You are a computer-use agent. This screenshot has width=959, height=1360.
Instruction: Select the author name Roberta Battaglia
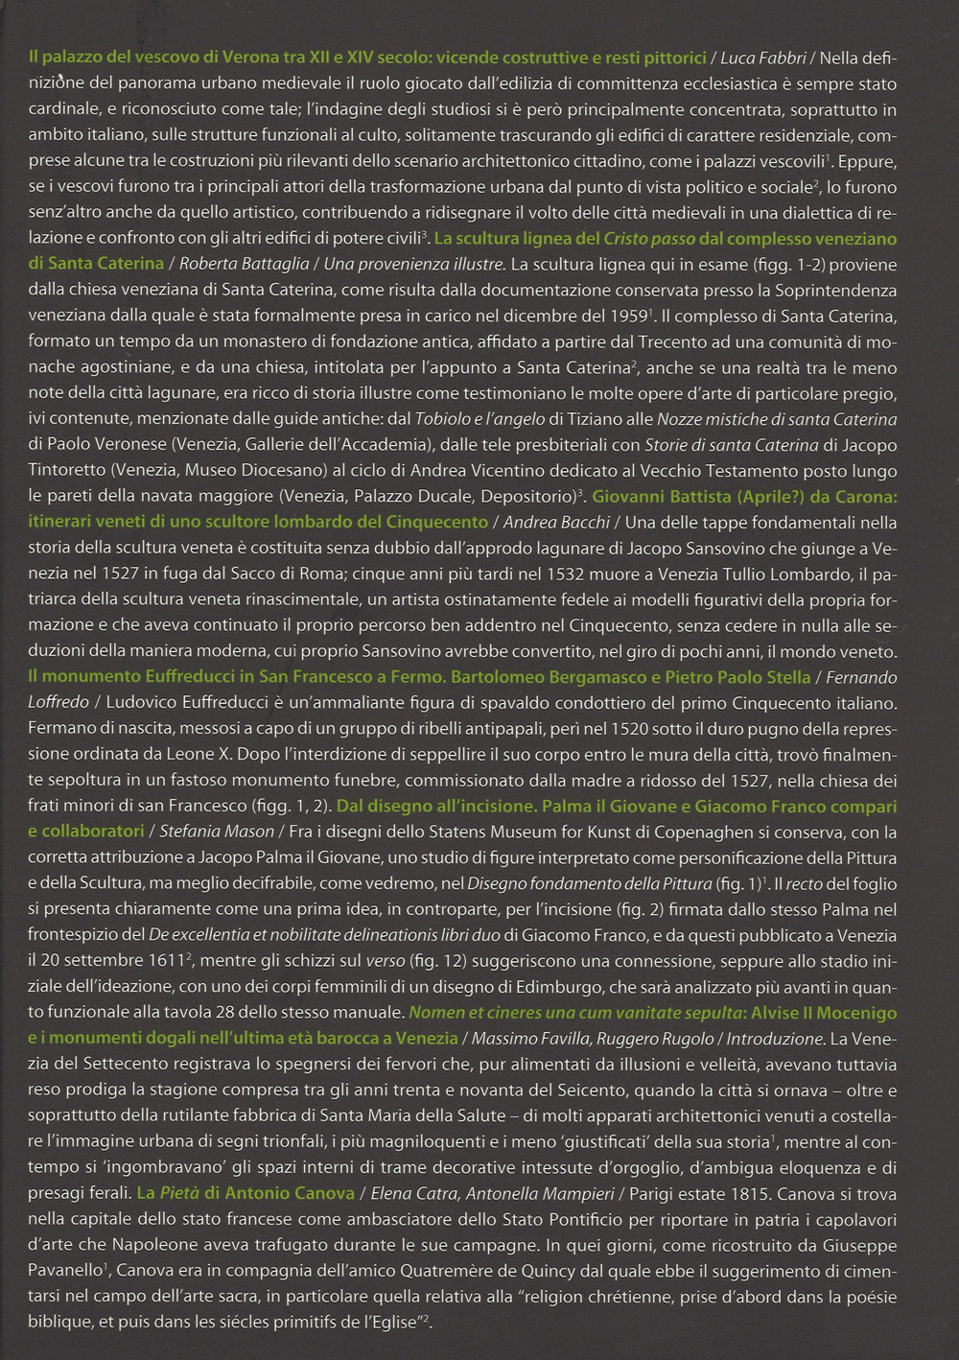[244, 264]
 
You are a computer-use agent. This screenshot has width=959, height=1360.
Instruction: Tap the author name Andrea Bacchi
[556, 523]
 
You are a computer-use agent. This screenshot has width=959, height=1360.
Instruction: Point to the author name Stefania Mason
[216, 832]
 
